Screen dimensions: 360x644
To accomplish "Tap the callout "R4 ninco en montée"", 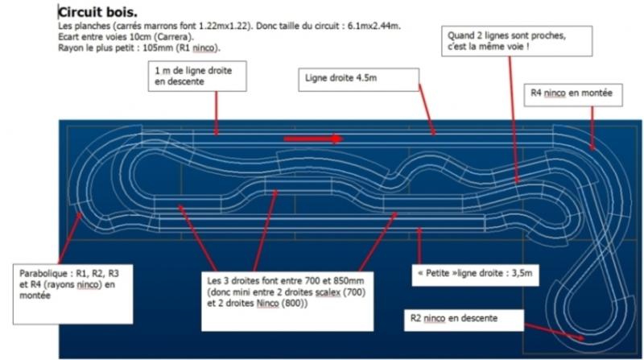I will [572, 94].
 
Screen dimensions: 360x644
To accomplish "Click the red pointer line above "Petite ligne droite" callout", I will [419, 242].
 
